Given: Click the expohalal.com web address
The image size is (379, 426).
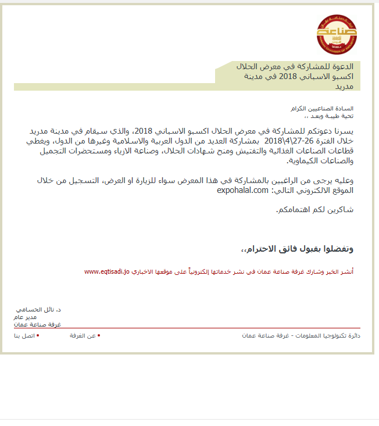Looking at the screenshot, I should pyautogui.click(x=242, y=190).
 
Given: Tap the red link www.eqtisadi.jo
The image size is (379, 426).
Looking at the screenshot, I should pyautogui.click(x=107, y=271).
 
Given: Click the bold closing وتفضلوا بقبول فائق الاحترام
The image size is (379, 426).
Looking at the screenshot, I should pyautogui.click(x=298, y=249).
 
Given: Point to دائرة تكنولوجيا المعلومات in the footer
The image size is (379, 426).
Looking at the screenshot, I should pyautogui.click(x=326, y=336).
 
